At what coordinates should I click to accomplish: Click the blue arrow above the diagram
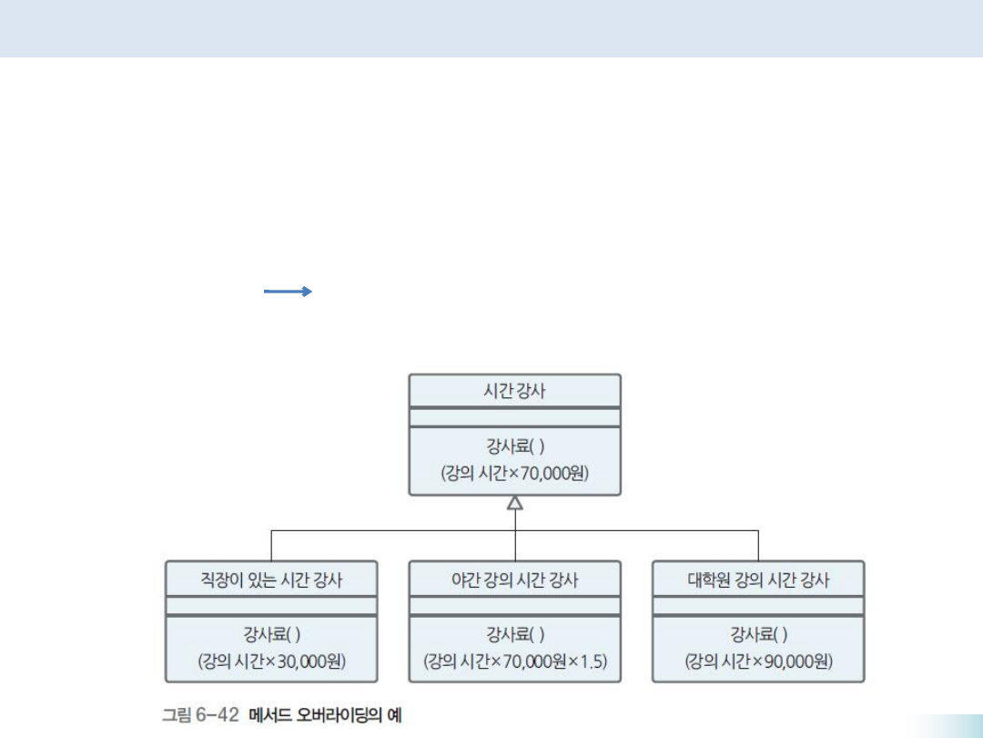(x=288, y=292)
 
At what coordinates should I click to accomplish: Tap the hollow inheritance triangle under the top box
(x=515, y=502)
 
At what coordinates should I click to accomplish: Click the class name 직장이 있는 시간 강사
(x=271, y=579)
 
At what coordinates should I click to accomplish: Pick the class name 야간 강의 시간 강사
(x=515, y=579)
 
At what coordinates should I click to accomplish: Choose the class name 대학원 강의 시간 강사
(x=759, y=579)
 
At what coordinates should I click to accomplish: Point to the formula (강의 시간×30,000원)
(x=271, y=661)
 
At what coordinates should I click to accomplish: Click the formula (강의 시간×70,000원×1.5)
(x=515, y=661)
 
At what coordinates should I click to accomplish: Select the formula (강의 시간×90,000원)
(x=759, y=661)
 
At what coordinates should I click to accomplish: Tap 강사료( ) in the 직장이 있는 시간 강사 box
(x=271, y=634)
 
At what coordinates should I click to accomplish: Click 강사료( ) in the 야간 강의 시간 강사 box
(x=515, y=634)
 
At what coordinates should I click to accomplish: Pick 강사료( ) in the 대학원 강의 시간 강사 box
(x=759, y=634)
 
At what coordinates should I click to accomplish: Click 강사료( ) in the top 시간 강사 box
(x=515, y=446)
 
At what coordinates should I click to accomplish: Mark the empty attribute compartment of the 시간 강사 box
(x=515, y=417)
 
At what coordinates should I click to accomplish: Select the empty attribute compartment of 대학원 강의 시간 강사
(x=759, y=606)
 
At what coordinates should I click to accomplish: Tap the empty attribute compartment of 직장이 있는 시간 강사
(x=271, y=606)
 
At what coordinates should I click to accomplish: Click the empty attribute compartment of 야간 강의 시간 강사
(x=515, y=606)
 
